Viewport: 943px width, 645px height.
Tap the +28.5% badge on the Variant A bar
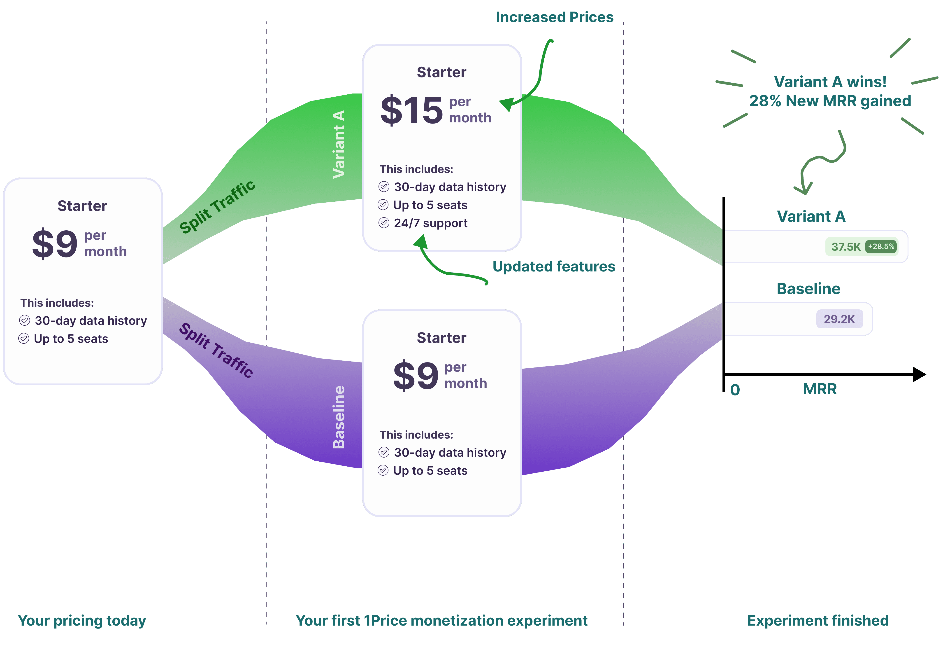[x=881, y=246]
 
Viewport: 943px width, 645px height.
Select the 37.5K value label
[x=846, y=247]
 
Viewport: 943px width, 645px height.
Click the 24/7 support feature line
[x=430, y=223]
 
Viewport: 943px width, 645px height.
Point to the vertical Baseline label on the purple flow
[x=339, y=417]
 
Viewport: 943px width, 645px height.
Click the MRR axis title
[x=820, y=389]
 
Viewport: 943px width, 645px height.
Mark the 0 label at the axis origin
[x=735, y=390]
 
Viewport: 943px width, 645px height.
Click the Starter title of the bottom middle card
[x=441, y=338]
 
